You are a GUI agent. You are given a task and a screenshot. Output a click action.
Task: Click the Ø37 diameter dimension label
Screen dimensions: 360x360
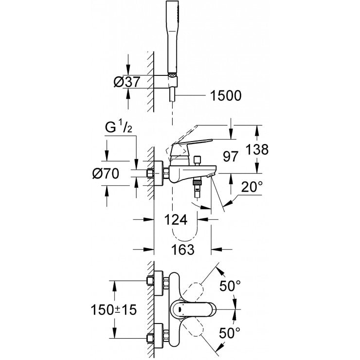tap(127, 82)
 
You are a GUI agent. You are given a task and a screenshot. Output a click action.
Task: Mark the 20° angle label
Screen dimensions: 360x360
tap(253, 187)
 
